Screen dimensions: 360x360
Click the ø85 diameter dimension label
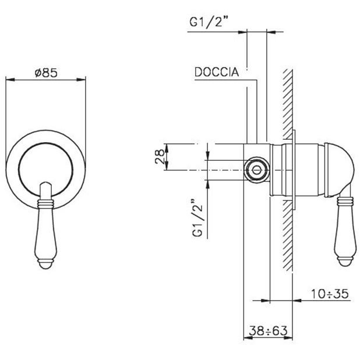46,73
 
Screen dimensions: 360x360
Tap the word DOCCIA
217,72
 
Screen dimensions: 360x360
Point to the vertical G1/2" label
197,217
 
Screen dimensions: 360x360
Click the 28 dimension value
160,156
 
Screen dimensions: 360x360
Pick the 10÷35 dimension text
330,294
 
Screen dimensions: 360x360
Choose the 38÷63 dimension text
268,331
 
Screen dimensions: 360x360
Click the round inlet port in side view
256,170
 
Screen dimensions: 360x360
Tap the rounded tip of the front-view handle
45,264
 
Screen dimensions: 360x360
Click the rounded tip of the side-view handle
345,262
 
